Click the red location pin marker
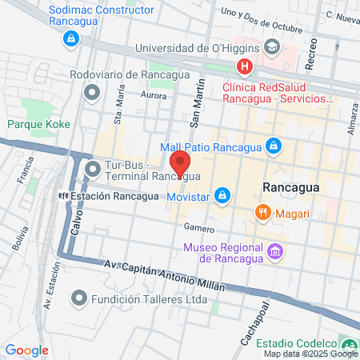click(x=180, y=162)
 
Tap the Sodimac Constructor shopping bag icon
click(x=71, y=38)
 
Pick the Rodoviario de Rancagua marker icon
click(x=91, y=94)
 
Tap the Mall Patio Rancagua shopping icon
click(x=274, y=146)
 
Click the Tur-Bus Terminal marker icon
click(x=91, y=169)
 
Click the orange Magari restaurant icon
click(x=262, y=212)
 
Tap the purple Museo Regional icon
click(x=275, y=252)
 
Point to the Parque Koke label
click(x=39, y=124)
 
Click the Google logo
click(x=27, y=350)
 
